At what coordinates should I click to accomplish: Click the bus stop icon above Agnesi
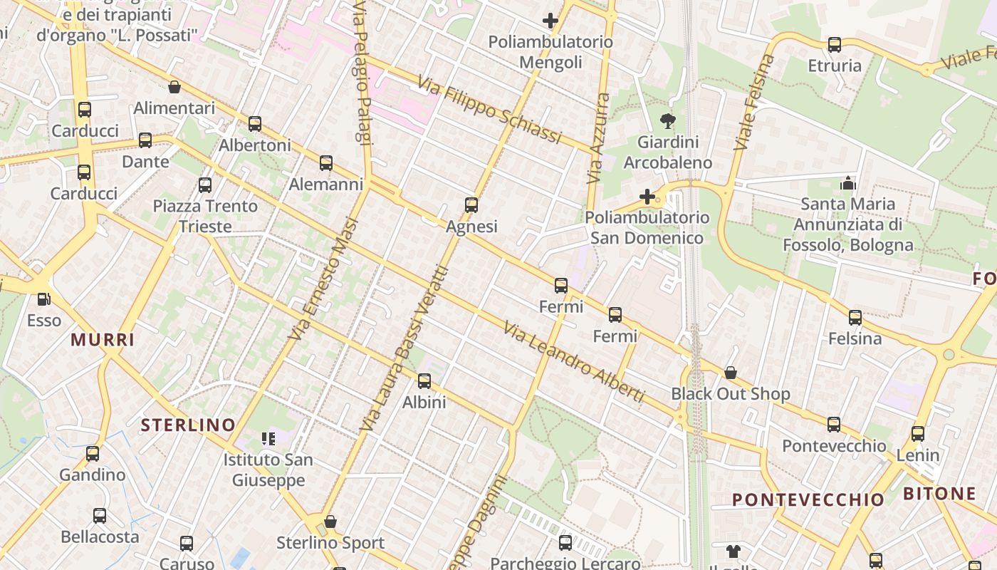(471, 205)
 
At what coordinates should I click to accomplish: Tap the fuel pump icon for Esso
(44, 299)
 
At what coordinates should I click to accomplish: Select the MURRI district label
(103, 340)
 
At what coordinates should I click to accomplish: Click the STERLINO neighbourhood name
(188, 425)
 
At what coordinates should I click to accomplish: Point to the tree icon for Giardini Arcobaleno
(668, 121)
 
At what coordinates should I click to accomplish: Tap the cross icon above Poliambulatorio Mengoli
(550, 21)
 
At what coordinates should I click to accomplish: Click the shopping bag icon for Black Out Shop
(731, 373)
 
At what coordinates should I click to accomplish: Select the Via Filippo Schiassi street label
(489, 110)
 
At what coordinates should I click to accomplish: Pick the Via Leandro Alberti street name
(574, 362)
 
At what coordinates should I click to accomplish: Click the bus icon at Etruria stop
(835, 45)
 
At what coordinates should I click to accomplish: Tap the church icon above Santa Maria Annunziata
(847, 183)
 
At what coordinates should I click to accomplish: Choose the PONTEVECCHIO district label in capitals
(808, 499)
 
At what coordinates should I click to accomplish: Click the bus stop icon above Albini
(424, 381)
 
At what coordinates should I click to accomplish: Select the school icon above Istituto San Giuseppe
(268, 439)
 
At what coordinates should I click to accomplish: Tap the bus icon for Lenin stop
(918, 433)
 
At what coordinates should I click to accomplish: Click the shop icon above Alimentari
(174, 88)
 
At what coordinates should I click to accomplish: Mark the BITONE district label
(939, 494)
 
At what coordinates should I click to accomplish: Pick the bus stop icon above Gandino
(93, 454)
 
